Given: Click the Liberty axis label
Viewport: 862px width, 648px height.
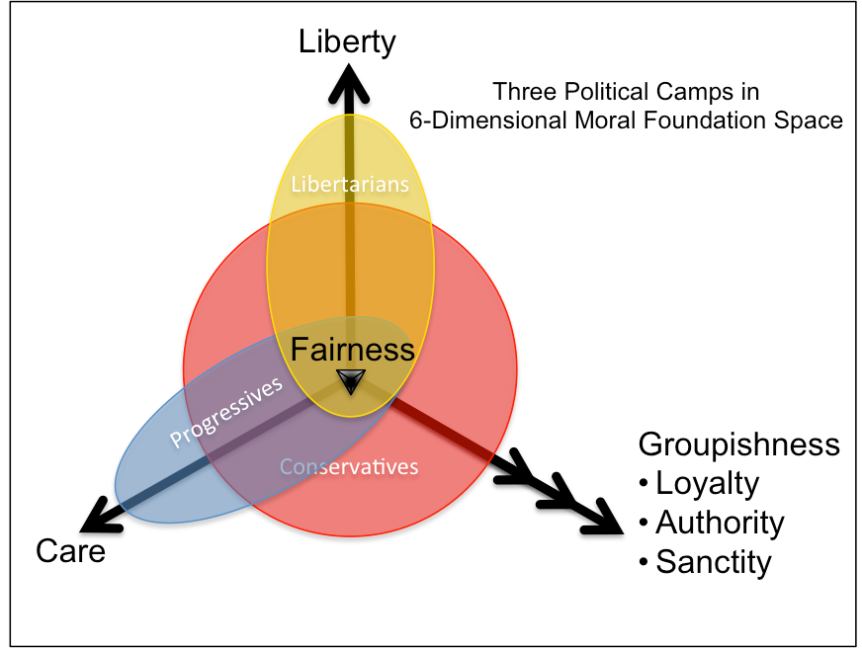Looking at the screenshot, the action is tap(347, 42).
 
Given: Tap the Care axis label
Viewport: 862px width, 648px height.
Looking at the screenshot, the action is tap(70, 551).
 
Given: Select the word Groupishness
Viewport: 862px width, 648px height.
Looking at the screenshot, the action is tap(738, 445).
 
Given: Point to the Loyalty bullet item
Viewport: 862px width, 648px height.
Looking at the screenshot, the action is tap(699, 484).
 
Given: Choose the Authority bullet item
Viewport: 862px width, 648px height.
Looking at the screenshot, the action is tap(712, 524).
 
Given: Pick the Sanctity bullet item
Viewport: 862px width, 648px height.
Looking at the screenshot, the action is tap(706, 563).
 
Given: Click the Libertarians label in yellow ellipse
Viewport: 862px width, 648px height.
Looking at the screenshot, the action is tap(350, 185).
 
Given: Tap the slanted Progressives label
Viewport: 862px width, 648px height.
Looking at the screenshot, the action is tap(226, 412).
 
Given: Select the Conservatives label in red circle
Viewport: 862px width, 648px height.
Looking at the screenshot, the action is tap(349, 467).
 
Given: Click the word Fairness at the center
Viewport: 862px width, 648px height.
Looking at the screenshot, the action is tap(352, 350).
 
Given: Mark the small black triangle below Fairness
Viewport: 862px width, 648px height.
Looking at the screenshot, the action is tap(351, 381).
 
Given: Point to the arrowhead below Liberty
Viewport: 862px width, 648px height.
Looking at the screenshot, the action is tap(349, 84).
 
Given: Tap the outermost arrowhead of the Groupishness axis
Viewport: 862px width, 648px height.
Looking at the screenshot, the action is tap(602, 518).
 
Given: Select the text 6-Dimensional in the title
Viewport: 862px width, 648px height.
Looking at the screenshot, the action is tap(488, 121).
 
